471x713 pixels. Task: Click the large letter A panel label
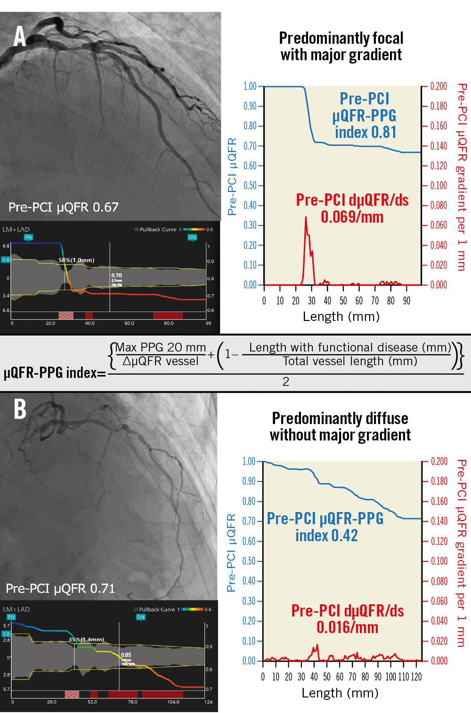[19, 36]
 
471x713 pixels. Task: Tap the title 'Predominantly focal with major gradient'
[341, 46]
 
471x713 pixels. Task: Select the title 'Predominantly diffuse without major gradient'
[340, 426]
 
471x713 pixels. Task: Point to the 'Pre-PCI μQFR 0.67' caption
[64, 207]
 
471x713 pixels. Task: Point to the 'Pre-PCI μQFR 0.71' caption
[60, 588]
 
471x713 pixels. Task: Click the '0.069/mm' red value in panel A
[352, 217]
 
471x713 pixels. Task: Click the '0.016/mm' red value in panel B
[347, 627]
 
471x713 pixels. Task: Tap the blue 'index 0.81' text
[365, 132]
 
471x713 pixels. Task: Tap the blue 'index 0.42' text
[326, 536]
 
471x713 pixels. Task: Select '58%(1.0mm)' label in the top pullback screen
[76, 260]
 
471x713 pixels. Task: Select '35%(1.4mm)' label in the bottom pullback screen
[86, 639]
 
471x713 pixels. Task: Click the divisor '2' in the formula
[285, 382]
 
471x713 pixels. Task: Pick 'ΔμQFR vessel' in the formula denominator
[160, 361]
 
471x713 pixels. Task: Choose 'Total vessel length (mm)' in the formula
[349, 361]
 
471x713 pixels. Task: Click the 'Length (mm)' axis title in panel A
[341, 316]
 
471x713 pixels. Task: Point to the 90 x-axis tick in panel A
[406, 301]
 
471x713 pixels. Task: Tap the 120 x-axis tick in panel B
[416, 677]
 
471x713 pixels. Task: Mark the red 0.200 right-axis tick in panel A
[438, 86]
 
